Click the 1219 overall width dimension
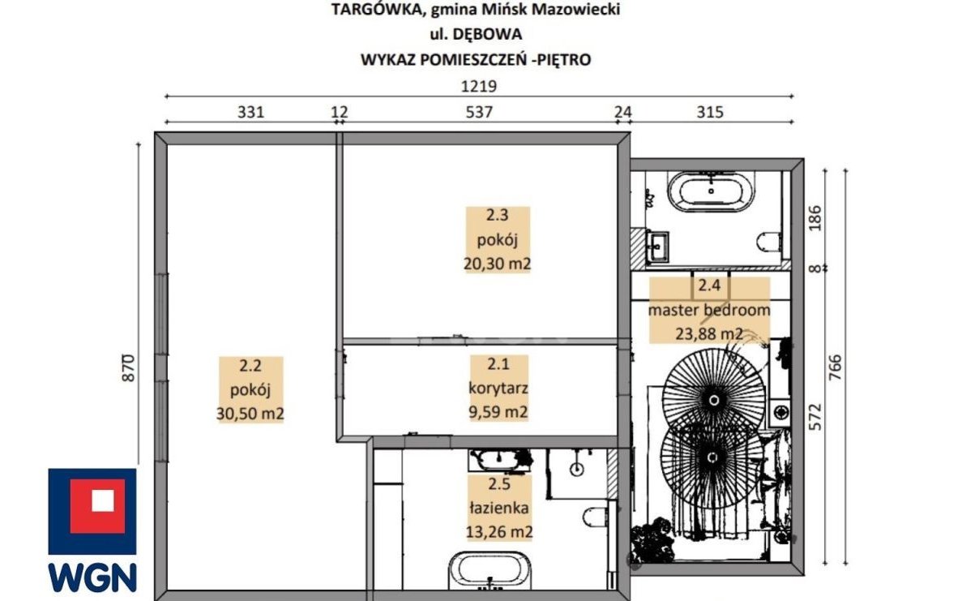point(478,87)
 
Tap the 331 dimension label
point(250,113)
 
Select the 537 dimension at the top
point(479,113)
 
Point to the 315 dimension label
point(710,113)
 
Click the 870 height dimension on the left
point(128,367)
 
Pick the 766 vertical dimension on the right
point(835,367)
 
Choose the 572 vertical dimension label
point(814,416)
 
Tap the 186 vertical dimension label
point(814,218)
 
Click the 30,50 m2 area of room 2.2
point(250,414)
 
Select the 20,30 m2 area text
point(497,264)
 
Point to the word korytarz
point(498,388)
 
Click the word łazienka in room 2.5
point(498,508)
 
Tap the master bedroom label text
point(709,310)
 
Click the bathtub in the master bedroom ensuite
point(711,191)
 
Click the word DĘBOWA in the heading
point(487,34)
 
